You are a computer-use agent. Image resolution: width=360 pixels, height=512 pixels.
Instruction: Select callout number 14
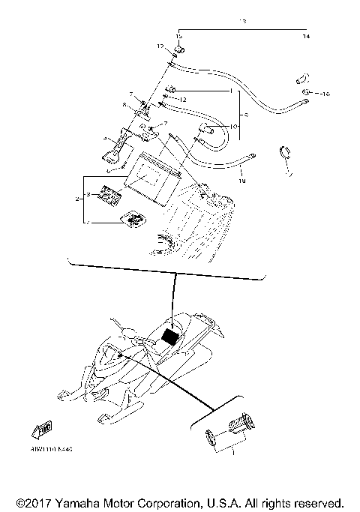[x=305, y=36]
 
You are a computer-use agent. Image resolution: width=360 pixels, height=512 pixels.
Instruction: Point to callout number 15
[x=179, y=36]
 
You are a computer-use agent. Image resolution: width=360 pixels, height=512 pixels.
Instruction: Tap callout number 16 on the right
[x=325, y=94]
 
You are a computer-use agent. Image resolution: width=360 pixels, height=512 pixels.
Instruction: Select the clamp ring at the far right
[x=286, y=152]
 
